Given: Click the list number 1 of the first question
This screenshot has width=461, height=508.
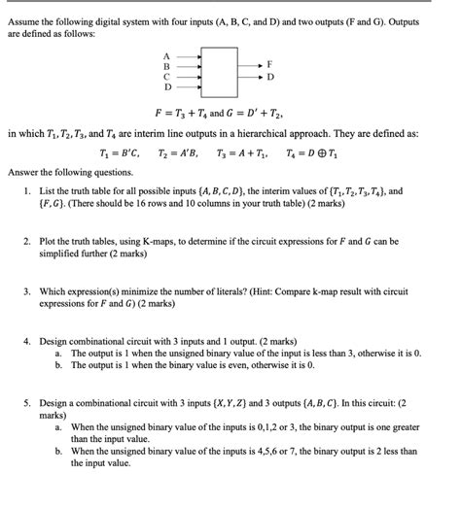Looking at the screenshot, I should [x=28, y=192].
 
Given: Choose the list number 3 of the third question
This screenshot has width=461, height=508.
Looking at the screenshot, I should [x=28, y=290].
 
